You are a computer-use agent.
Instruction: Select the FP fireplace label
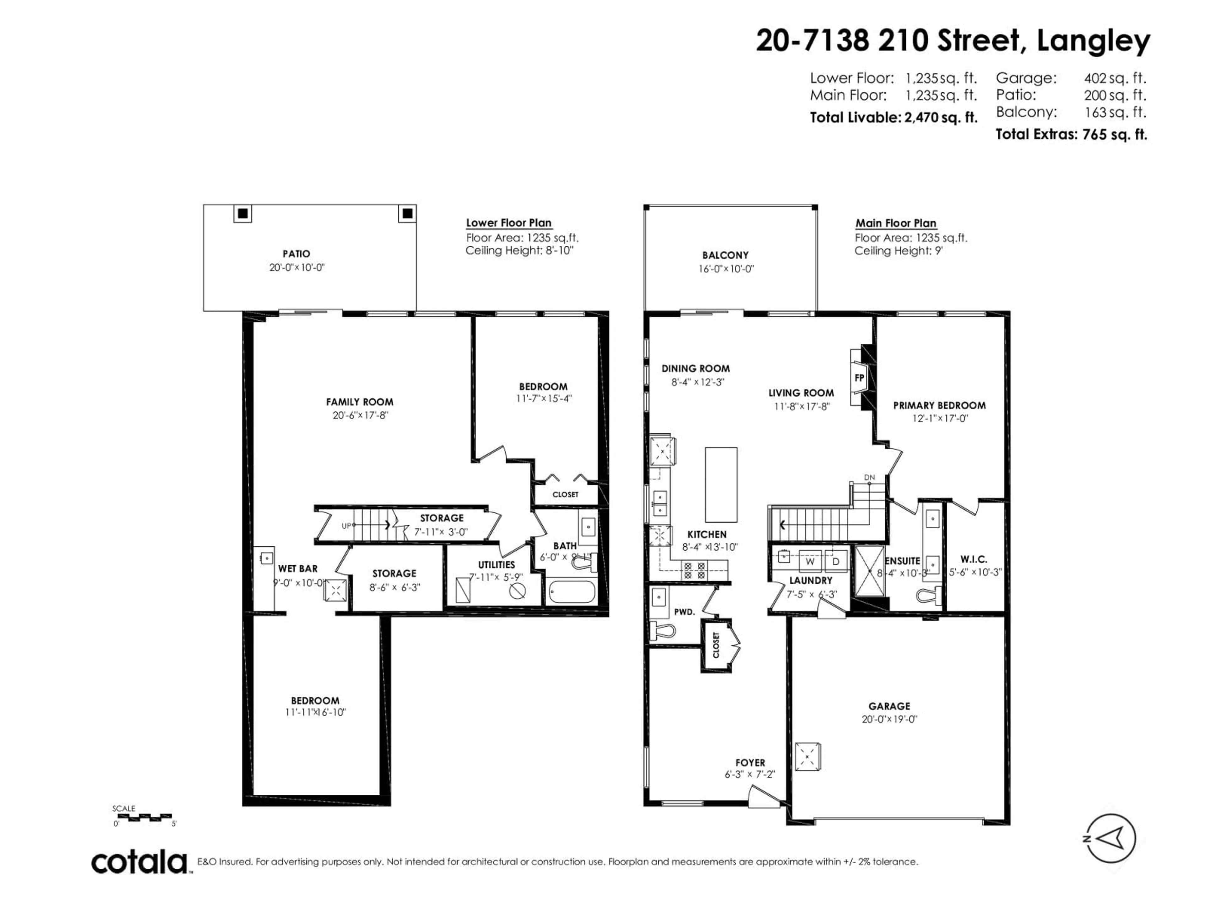[x=859, y=377]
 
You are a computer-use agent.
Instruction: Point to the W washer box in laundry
[x=810, y=561]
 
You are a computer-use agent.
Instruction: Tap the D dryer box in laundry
[x=835, y=561]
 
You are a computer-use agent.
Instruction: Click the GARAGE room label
[x=889, y=706]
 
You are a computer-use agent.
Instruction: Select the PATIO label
[x=296, y=254]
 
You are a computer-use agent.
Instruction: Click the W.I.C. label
[x=973, y=559]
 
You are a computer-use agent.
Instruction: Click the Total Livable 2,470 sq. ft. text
[x=893, y=117]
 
